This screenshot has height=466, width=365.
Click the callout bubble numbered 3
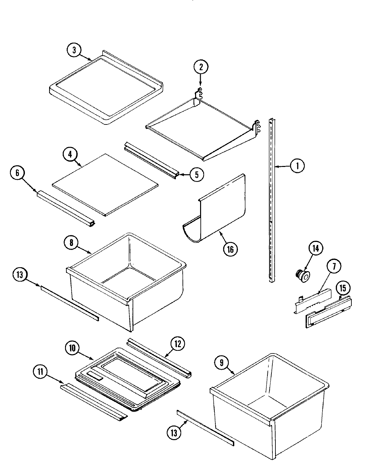tap(74, 50)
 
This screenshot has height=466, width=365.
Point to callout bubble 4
tap(71, 154)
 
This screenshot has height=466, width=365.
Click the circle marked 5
tap(196, 175)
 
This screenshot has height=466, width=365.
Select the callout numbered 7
tap(333, 266)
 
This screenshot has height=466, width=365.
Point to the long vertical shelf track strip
tap(272, 199)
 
